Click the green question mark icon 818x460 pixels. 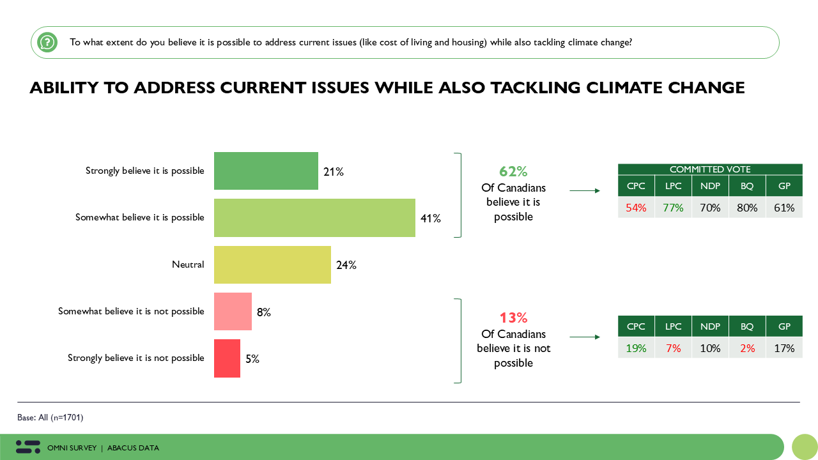click(x=47, y=43)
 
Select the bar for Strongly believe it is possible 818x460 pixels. click(x=266, y=171)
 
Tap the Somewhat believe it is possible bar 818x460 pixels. click(x=314, y=218)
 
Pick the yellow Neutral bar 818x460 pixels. click(x=272, y=264)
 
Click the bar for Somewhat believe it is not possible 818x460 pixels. click(x=233, y=312)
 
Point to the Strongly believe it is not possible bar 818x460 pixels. click(x=227, y=358)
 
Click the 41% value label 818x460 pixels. click(x=430, y=218)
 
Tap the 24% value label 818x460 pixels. click(x=346, y=265)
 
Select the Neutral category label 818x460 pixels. click(x=188, y=264)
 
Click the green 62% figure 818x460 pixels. click(x=513, y=172)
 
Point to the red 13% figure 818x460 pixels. click(x=513, y=318)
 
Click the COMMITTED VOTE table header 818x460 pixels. click(x=710, y=169)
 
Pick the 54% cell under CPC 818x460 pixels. click(x=636, y=208)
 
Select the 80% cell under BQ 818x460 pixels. click(x=747, y=208)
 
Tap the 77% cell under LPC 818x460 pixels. click(x=673, y=208)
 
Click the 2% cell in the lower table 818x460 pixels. click(x=747, y=348)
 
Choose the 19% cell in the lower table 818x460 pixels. click(x=636, y=348)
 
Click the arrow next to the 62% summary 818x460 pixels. click(x=585, y=190)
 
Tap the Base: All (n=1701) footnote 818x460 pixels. click(x=50, y=418)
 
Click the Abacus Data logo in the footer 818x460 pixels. click(x=28, y=447)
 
